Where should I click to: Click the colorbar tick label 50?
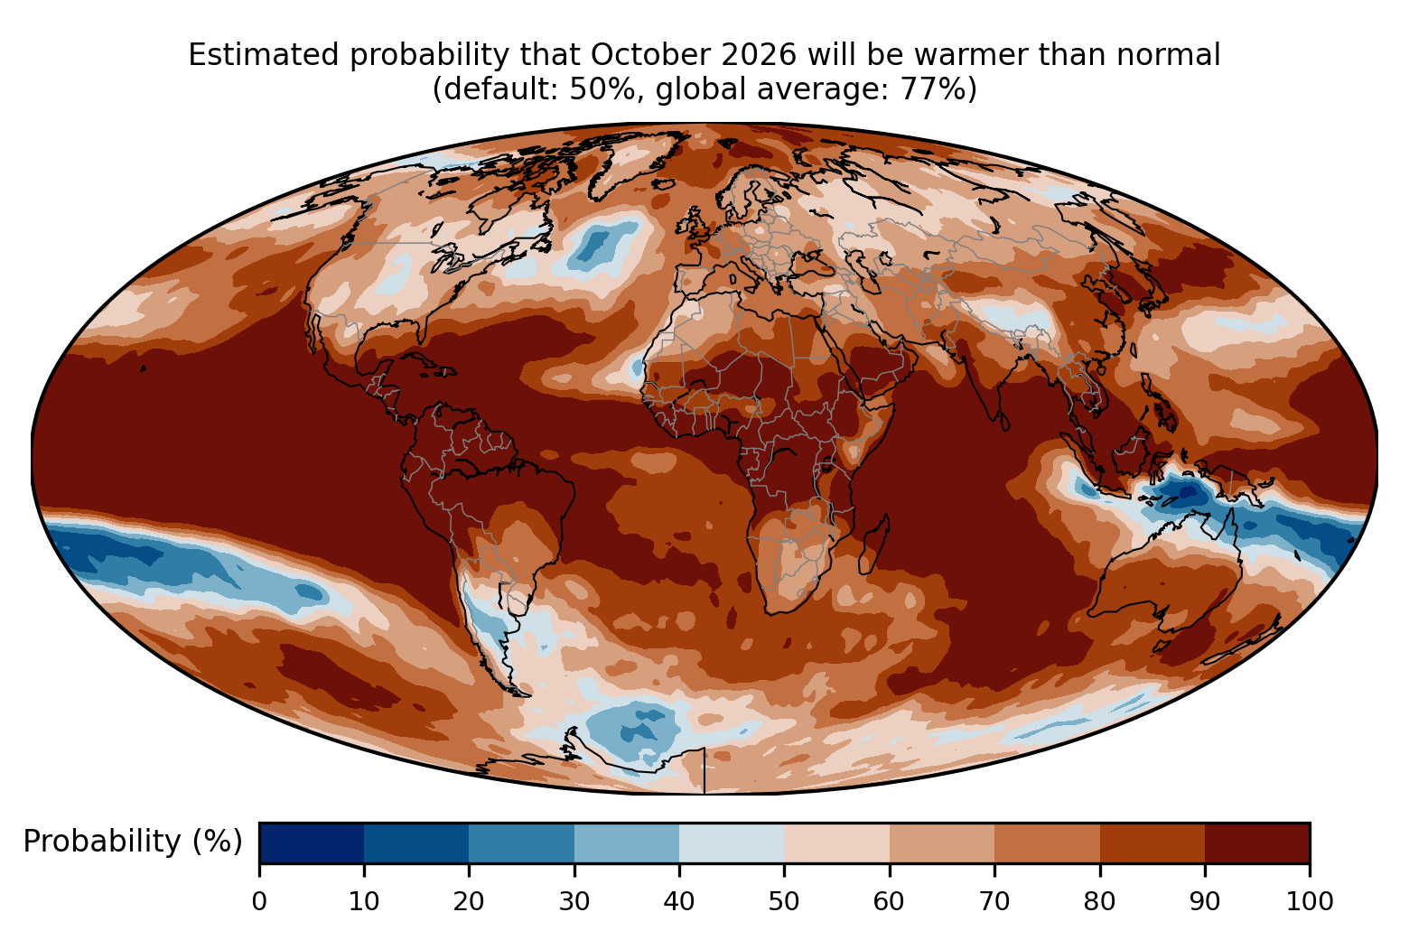784,902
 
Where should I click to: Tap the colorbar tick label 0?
259,902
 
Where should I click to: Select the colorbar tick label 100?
1310,902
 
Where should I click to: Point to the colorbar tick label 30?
574,902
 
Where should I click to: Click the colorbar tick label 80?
1099,902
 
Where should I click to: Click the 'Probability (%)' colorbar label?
133,842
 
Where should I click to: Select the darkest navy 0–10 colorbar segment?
312,843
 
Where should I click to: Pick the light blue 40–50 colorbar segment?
732,843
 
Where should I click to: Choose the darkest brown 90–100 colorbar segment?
1257,843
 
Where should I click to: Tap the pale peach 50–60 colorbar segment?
836,843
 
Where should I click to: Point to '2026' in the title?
760,55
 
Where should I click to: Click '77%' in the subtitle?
938,89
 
